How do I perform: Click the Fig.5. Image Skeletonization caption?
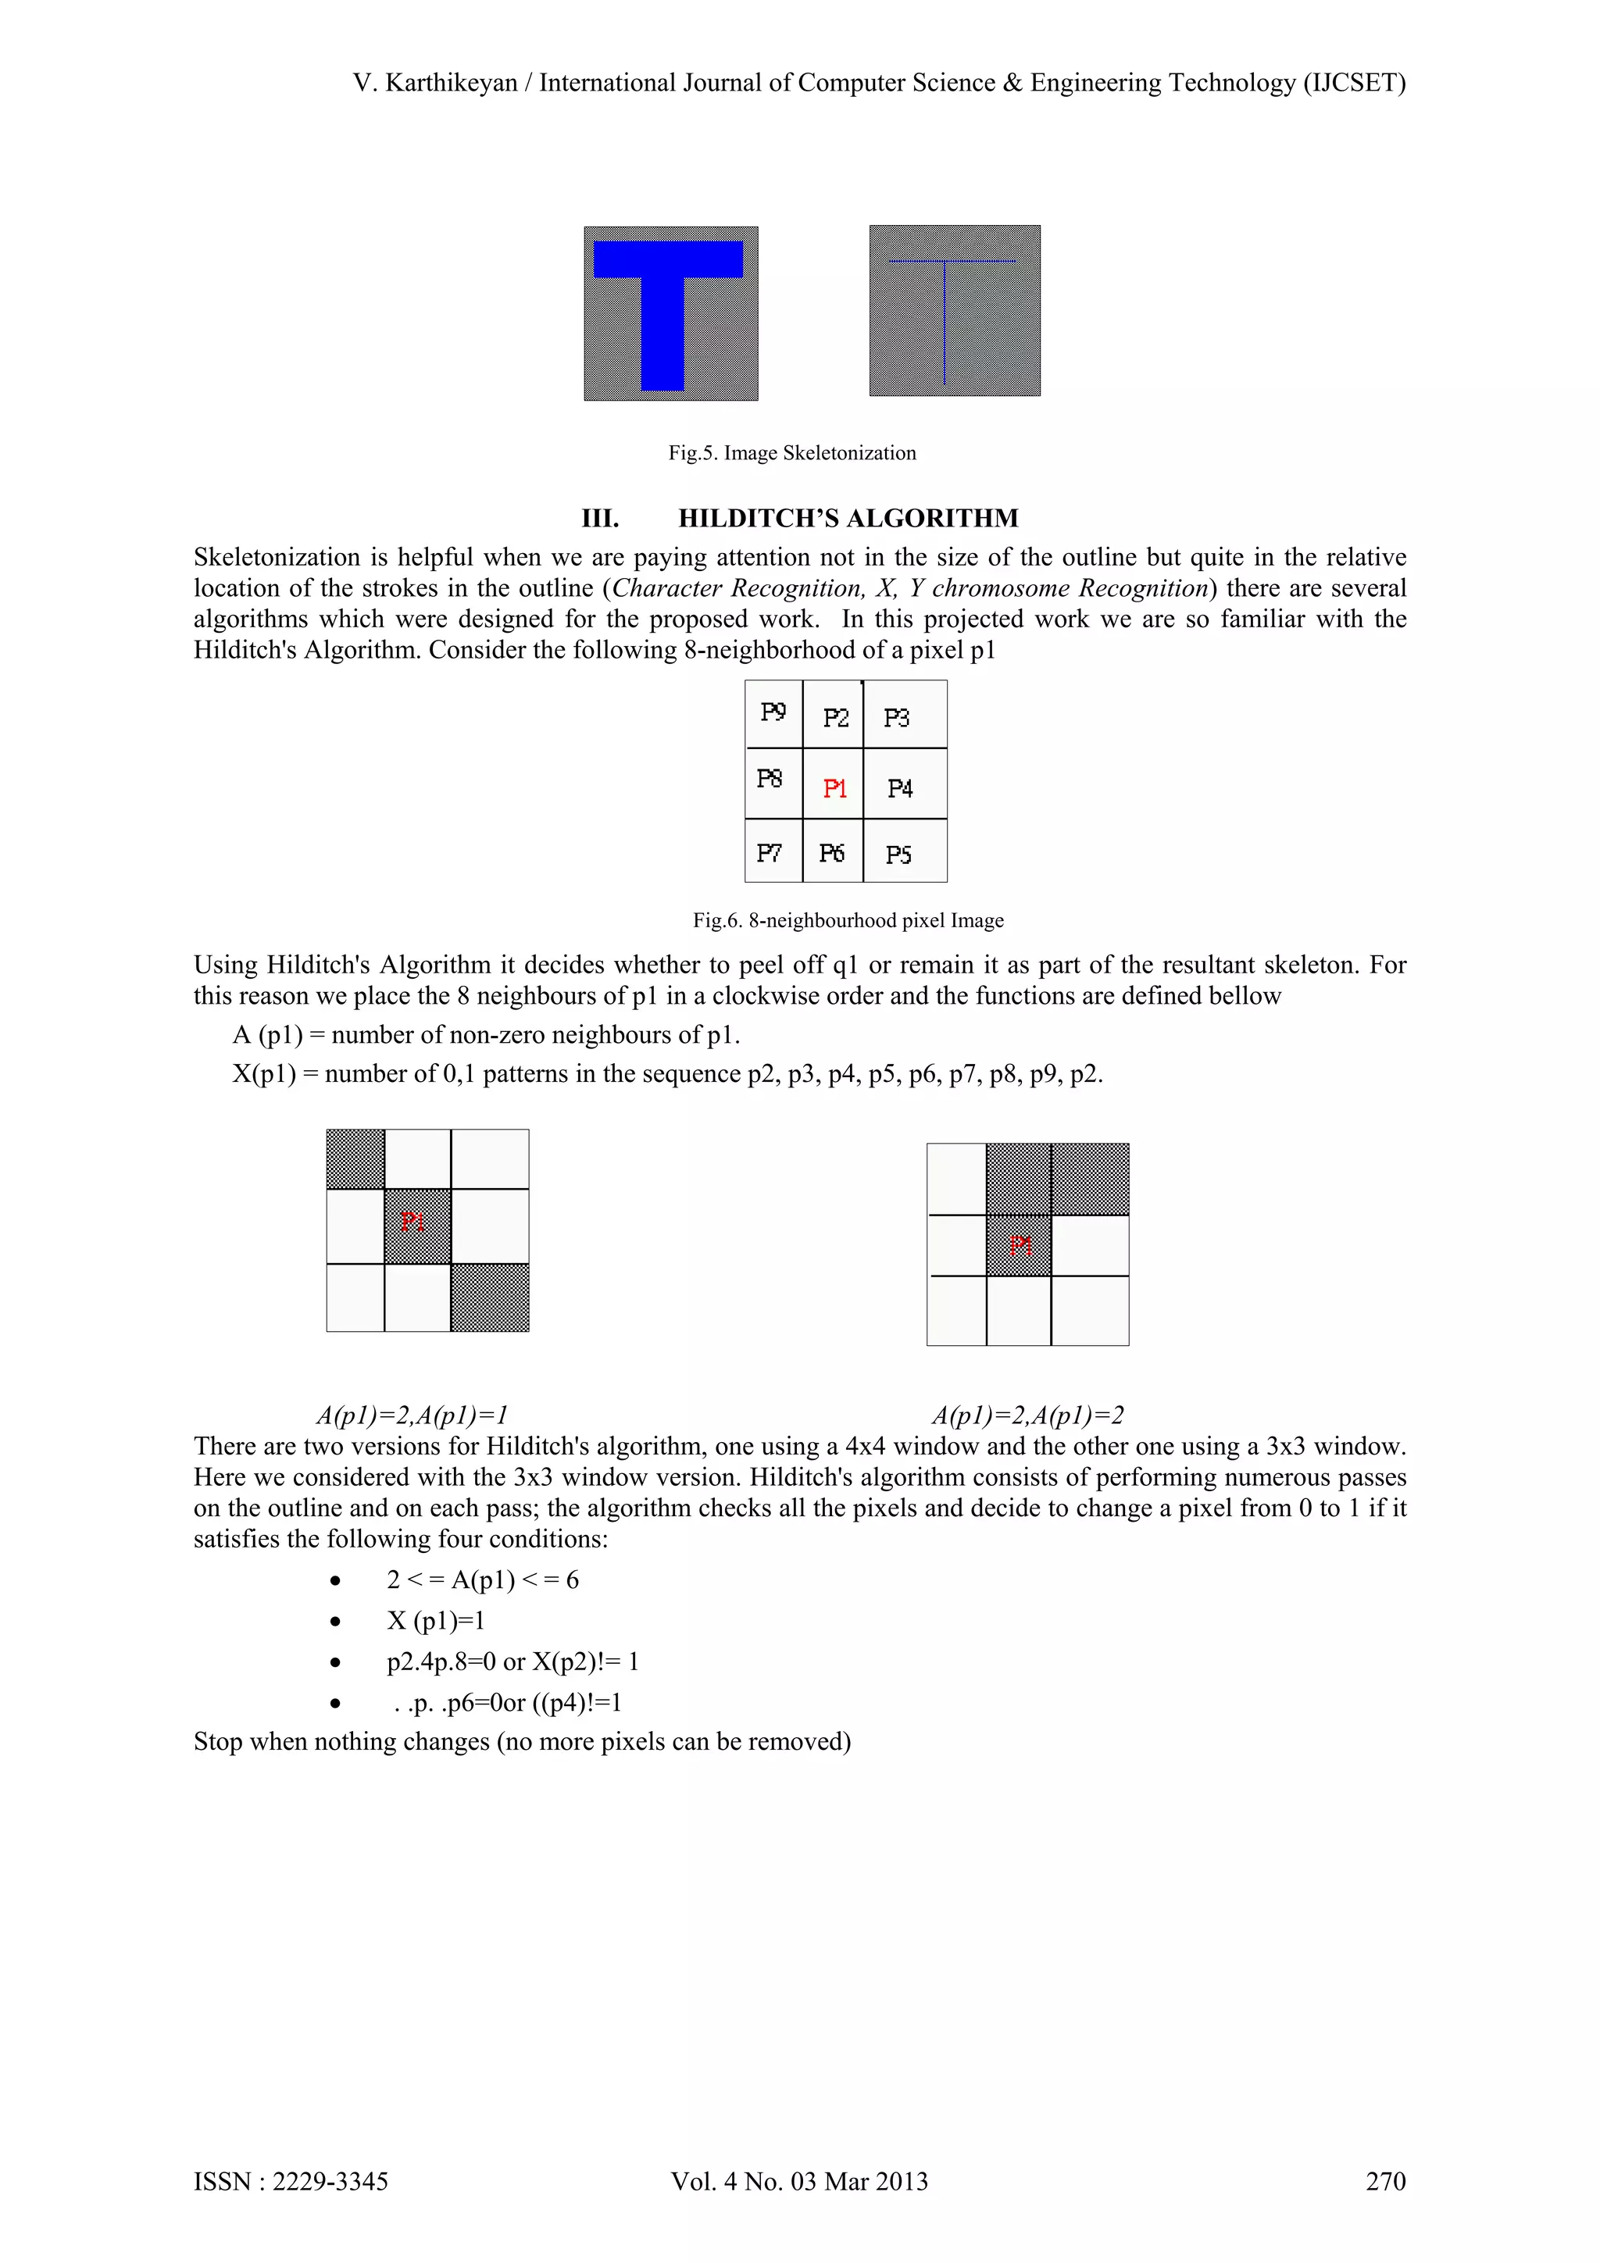[791, 453]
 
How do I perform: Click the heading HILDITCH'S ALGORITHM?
[848, 519]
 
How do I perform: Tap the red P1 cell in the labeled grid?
[834, 787]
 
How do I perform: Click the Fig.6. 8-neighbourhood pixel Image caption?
[848, 920]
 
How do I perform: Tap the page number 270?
[1385, 2181]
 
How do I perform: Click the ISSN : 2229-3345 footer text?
[291, 2181]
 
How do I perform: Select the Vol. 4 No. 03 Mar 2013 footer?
[799, 2181]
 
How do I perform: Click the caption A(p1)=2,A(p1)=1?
[412, 1415]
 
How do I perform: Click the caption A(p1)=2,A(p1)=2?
[1027, 1415]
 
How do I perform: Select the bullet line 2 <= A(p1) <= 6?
[482, 1580]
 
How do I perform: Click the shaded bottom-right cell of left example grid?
[490, 1297]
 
